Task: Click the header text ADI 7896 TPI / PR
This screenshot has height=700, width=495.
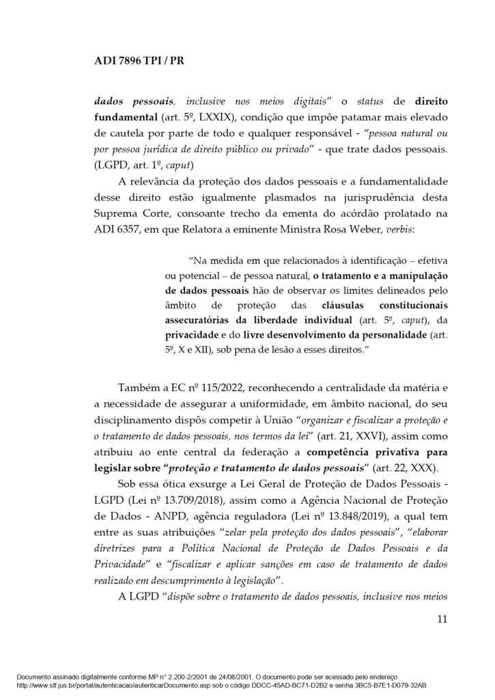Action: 139,61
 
